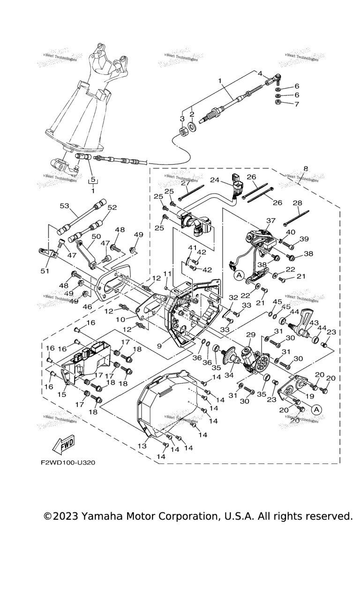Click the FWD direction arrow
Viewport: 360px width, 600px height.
click(x=63, y=445)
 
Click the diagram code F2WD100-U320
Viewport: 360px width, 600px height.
click(x=68, y=462)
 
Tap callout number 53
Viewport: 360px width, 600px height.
click(x=64, y=206)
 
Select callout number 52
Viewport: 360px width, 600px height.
click(x=112, y=208)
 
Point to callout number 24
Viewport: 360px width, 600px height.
click(x=215, y=180)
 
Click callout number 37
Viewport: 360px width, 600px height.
click(x=271, y=221)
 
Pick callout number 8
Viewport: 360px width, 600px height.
click(x=306, y=168)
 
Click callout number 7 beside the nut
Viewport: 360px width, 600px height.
click(x=296, y=104)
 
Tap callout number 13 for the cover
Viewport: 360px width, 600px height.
click(x=142, y=447)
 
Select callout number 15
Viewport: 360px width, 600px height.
click(x=62, y=395)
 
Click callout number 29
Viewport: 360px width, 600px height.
click(x=251, y=335)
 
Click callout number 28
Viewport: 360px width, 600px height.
click(x=297, y=203)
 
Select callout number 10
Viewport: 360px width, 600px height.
click(x=121, y=319)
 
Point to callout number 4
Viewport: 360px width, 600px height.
click(x=260, y=73)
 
